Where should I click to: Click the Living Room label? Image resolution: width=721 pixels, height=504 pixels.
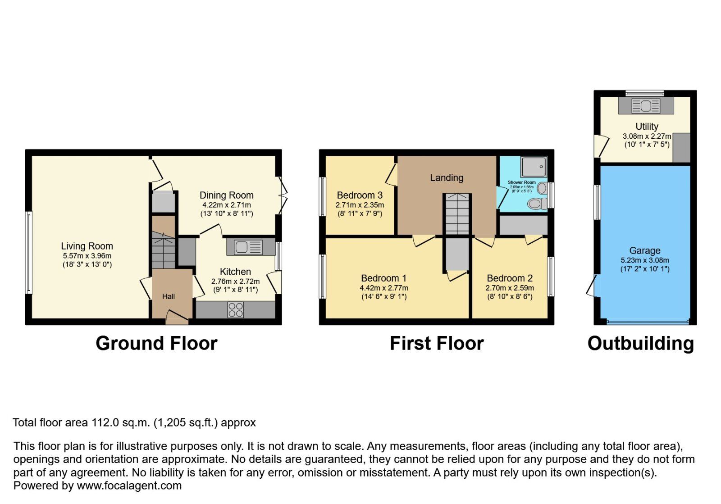[x=87, y=246]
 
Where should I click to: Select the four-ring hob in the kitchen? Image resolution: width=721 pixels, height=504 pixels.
[x=236, y=310]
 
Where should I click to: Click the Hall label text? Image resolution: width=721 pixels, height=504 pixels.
[x=169, y=296]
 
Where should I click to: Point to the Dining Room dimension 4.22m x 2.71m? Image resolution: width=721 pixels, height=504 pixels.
[x=227, y=205]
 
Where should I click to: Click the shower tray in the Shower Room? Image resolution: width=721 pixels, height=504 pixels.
[x=534, y=167]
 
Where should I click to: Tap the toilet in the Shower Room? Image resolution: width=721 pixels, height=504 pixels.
[x=536, y=204]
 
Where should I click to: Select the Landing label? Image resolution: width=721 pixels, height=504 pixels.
[x=447, y=178]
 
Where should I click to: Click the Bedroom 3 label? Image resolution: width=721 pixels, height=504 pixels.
[x=360, y=195]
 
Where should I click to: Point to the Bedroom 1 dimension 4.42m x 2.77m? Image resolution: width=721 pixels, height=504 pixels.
[x=384, y=288]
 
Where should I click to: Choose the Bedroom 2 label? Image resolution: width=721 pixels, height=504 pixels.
[x=510, y=278]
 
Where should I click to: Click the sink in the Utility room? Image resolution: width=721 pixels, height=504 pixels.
[x=646, y=106]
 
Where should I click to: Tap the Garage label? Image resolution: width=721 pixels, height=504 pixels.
[x=645, y=251]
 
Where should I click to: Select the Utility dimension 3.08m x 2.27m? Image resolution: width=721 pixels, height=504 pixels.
[x=647, y=136]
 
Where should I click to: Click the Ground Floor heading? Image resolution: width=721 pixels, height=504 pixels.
[x=156, y=344]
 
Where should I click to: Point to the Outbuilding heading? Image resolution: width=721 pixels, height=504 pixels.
[x=640, y=344]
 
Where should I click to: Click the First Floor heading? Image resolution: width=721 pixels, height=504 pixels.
[x=436, y=344]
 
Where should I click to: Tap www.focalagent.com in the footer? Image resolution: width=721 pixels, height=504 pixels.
[x=129, y=486]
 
